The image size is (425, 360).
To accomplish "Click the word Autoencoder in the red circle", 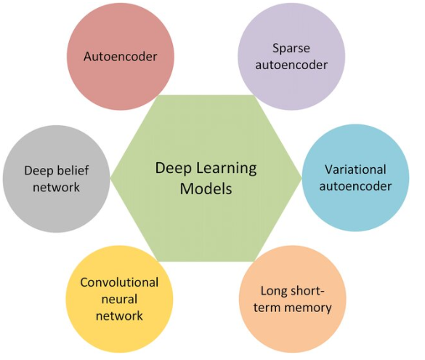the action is point(121,57).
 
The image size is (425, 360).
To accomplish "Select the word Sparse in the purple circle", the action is point(291,49).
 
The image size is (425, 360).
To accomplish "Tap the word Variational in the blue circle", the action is point(355,169).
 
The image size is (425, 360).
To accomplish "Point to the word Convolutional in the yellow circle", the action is point(119,282).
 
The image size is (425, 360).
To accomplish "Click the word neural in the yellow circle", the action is point(119,299).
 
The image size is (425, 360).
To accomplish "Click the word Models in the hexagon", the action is point(206,188).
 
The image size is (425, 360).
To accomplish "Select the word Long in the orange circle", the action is point(272,292).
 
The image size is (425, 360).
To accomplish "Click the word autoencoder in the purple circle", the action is point(291,65).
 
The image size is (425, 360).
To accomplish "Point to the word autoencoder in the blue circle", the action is point(355,186).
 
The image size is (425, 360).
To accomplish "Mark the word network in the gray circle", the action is point(57,187).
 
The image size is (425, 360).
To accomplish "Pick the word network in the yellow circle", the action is point(119,316).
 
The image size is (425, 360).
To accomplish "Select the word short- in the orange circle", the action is point(305,292).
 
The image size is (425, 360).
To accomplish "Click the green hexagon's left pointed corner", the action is point(111,178).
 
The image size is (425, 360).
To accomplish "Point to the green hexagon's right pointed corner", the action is point(301,178).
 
